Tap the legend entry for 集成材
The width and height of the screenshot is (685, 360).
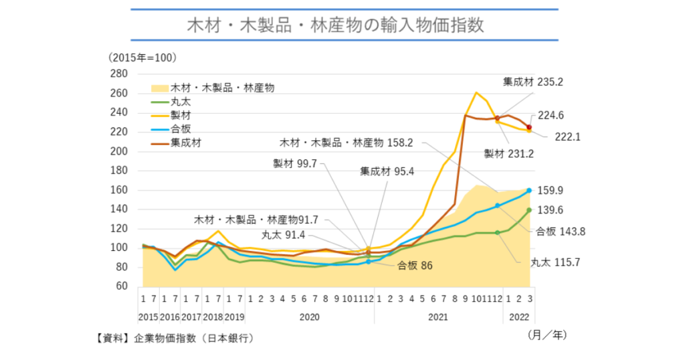pos(185,142)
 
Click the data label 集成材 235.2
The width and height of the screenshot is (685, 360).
pos(533,82)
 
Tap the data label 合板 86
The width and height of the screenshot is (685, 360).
pos(415,266)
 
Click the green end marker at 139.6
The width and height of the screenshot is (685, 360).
pos(528,210)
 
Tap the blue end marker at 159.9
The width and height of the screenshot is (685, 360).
pos(528,191)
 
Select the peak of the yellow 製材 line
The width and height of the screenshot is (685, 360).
pos(476,93)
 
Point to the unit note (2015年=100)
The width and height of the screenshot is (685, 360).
pos(142,58)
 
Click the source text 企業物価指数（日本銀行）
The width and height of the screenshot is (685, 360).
pos(194,339)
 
